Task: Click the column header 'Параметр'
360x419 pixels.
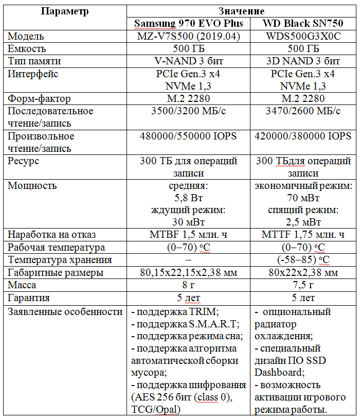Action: [x=65, y=11]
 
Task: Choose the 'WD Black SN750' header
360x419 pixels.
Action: [x=303, y=24]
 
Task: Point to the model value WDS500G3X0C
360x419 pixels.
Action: [x=303, y=37]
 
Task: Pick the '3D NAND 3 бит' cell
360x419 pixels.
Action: [x=303, y=61]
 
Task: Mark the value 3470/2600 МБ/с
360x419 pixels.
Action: [x=303, y=111]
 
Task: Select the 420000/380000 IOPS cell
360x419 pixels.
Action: [x=303, y=136]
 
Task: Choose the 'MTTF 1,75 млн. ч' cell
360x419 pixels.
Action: [x=303, y=235]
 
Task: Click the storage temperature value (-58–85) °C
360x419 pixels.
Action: [x=303, y=260]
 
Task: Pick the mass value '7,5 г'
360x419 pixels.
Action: [x=303, y=285]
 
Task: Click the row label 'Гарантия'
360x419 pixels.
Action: [x=29, y=298]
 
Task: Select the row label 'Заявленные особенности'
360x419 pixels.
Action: [x=65, y=311]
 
